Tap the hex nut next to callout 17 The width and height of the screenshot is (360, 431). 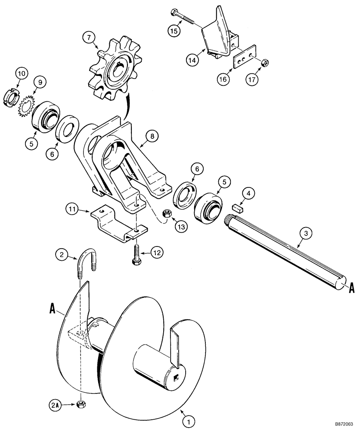(x=266, y=64)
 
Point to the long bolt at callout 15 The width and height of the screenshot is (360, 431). (x=186, y=18)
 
